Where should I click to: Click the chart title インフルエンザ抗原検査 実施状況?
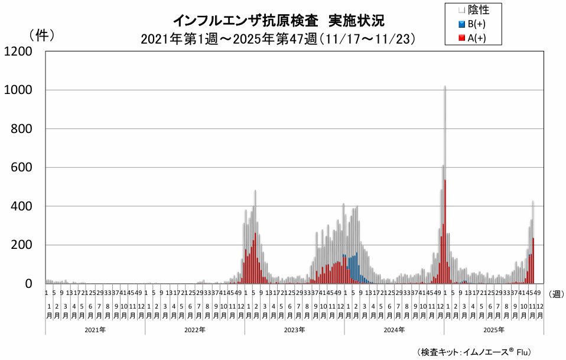tap(278, 21)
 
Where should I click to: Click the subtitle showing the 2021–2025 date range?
tap(278, 39)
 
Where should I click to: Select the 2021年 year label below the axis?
tap(95, 330)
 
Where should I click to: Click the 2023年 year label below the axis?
tap(294, 330)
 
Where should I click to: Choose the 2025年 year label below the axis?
tap(493, 330)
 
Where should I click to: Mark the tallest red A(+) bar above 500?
tap(445, 236)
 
